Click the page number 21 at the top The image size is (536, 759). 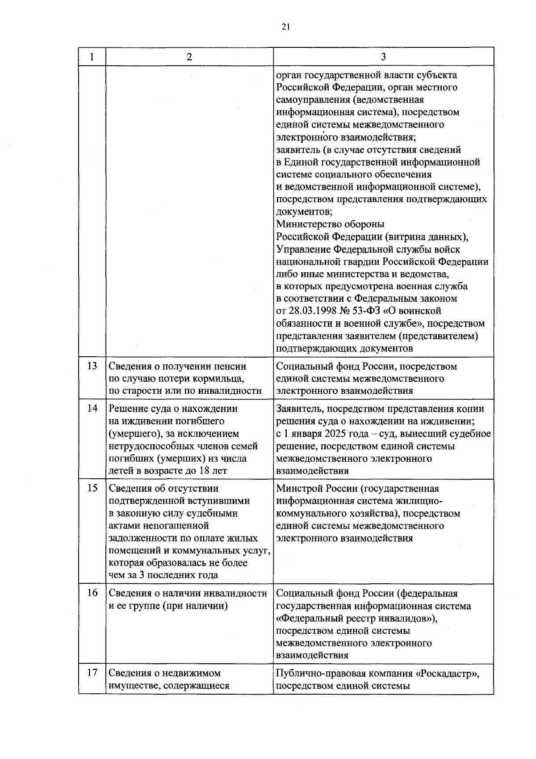[286, 27]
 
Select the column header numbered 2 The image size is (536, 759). [189, 57]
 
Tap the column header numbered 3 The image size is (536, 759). [383, 57]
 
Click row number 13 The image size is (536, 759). [92, 366]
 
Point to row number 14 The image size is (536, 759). [92, 409]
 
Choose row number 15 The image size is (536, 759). [92, 488]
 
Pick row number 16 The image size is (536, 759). [92, 593]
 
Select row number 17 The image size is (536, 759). [92, 673]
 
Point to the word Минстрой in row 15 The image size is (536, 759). [297, 489]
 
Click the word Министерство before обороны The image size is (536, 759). [308, 224]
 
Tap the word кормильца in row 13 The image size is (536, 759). [220, 379]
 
